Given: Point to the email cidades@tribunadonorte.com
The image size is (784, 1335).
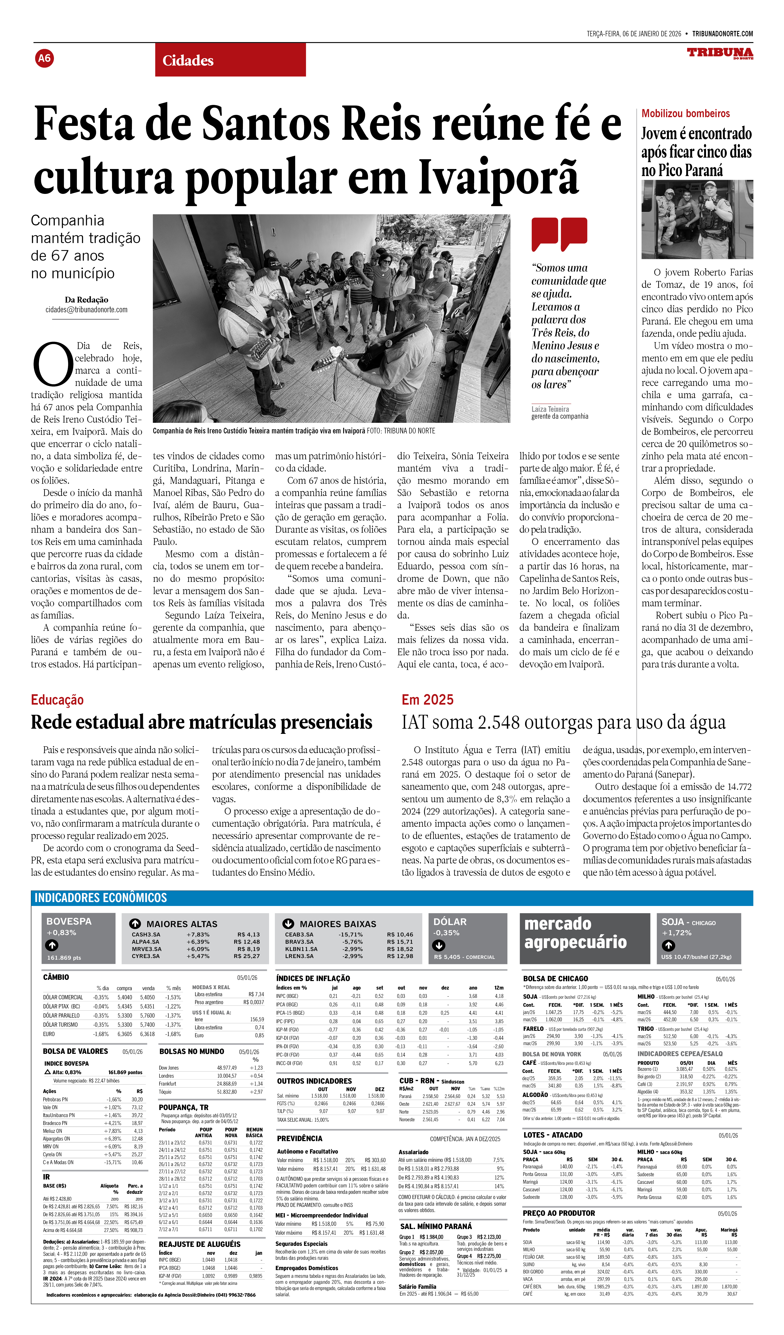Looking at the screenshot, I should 86,310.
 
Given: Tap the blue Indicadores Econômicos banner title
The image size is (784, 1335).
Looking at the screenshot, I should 101,897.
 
